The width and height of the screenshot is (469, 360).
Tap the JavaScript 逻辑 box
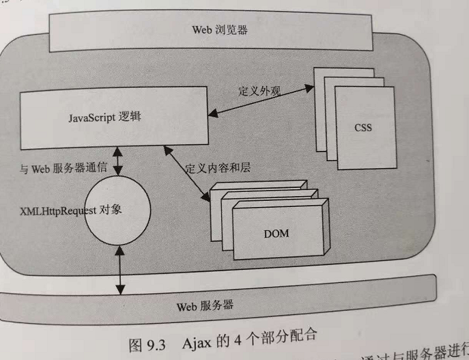pos(113,116)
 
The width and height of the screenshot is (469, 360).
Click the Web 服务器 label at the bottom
pos(205,305)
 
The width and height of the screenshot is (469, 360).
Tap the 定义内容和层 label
pos(213,167)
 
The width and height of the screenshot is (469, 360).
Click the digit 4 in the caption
pos(240,336)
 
